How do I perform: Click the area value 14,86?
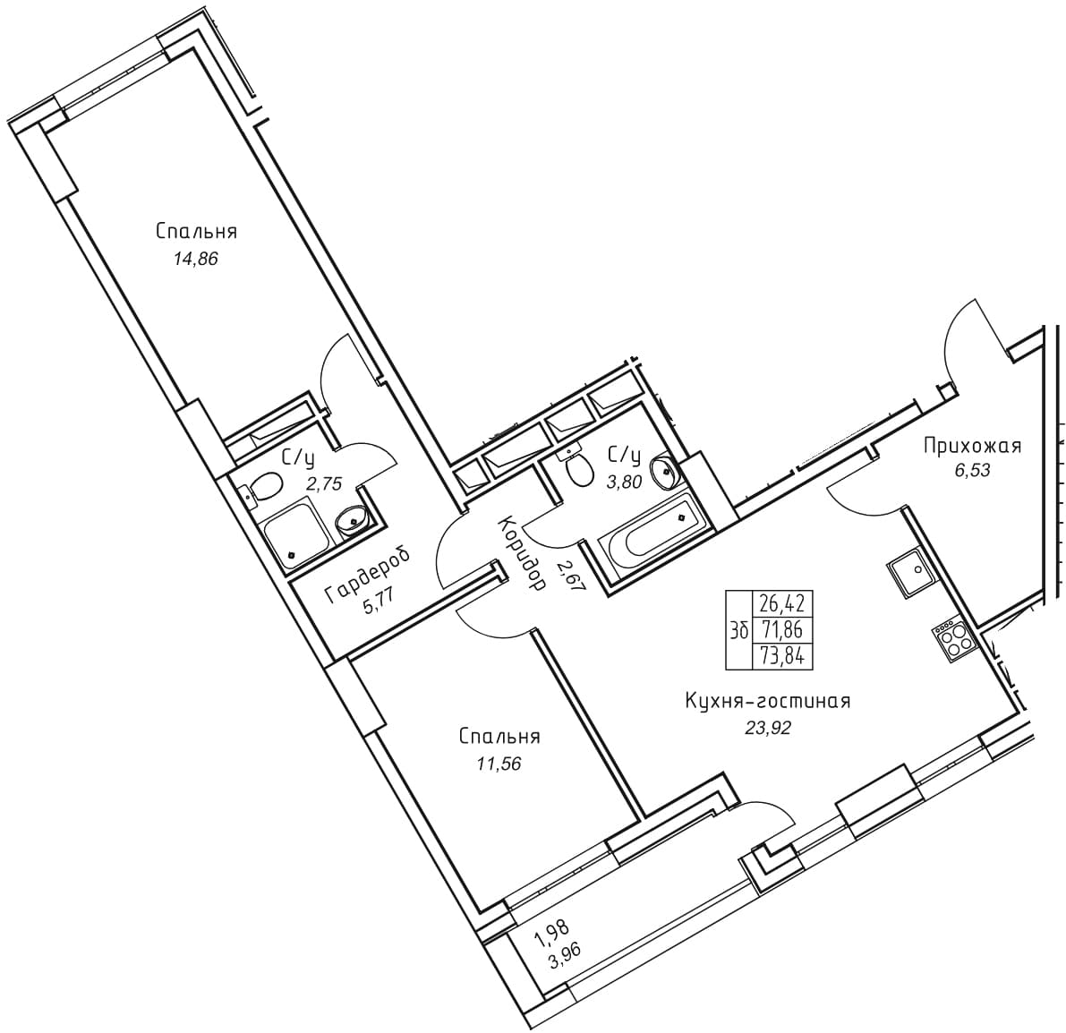(196, 259)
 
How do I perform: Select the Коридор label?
(522, 551)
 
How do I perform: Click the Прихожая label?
(972, 446)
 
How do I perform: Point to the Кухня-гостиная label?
(768, 701)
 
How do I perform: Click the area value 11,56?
(499, 764)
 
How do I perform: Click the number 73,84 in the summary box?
(782, 657)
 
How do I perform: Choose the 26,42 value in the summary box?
(782, 603)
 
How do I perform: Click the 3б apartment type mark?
(739, 630)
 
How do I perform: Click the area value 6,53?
(972, 471)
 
